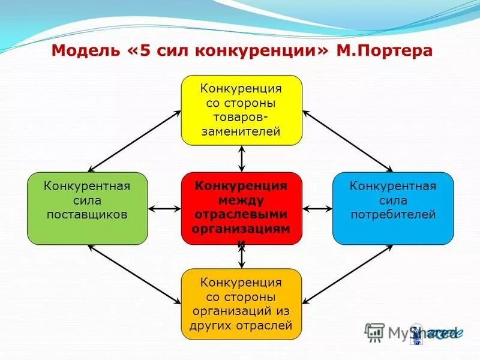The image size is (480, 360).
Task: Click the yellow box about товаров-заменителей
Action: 241,110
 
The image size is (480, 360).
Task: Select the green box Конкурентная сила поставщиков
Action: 87,208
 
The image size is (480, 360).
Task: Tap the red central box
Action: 241,208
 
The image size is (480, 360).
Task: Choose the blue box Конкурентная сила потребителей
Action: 393,208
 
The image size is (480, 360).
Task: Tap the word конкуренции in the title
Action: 257,50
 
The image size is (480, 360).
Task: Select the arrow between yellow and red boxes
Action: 242,158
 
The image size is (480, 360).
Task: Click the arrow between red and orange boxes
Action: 242,256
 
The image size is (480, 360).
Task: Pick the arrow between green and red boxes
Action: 164,209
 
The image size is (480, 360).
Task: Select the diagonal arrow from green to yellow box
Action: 134,141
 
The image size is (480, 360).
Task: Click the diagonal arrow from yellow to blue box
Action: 348,141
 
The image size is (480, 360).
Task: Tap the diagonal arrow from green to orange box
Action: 134,274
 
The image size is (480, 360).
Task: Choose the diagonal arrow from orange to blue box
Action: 348,274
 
